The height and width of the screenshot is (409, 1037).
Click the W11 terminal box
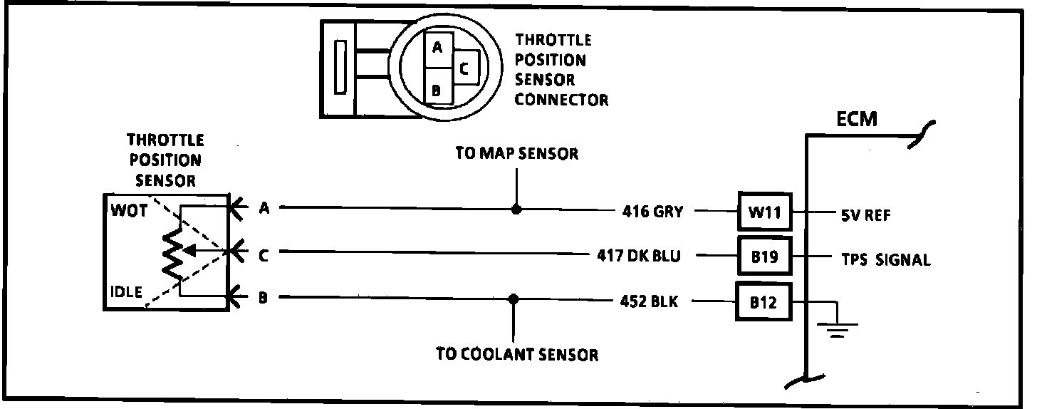coord(764,212)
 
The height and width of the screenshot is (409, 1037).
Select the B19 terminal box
coord(764,257)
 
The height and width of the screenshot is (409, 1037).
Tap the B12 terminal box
coord(764,303)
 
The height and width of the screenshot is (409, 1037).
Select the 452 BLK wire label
coord(649,301)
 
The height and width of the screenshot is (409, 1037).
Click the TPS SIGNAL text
coord(883,259)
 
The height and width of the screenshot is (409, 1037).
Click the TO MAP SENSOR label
coord(517,153)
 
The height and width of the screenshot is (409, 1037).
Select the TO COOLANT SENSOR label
coord(517,354)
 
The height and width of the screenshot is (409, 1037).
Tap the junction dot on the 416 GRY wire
coord(517,210)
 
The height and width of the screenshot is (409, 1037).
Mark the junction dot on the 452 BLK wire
coord(513,299)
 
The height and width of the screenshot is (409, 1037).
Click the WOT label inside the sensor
coord(125,211)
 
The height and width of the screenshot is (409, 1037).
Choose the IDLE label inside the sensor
coord(125,292)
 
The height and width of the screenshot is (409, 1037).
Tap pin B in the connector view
coord(437,90)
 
